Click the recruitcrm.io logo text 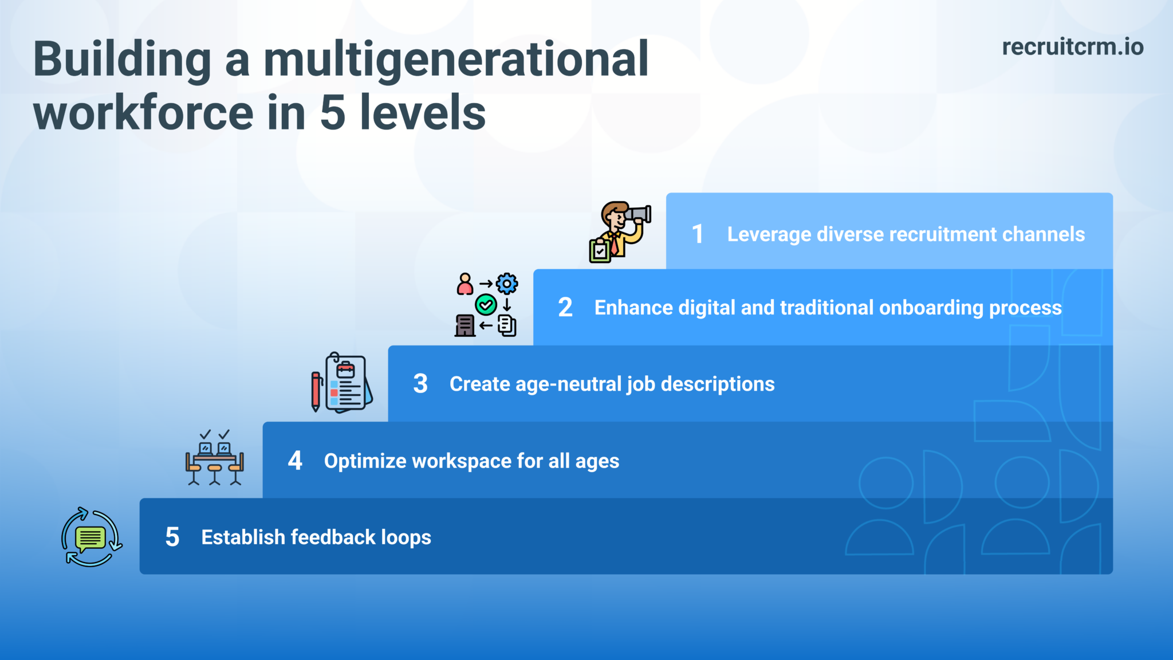click(1072, 47)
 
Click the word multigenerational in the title click(455, 60)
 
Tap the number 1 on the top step click(697, 234)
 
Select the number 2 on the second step click(565, 308)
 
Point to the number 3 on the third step click(420, 384)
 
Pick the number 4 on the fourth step click(295, 461)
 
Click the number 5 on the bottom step click(172, 537)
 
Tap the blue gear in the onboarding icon click(507, 283)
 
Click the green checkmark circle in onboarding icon click(486, 304)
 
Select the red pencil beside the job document click(316, 391)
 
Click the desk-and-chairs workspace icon click(215, 458)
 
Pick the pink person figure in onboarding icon click(465, 284)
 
